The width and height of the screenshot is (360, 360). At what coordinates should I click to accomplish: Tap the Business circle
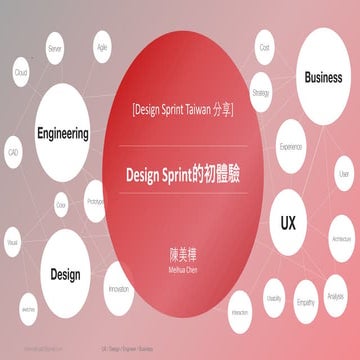click(323, 77)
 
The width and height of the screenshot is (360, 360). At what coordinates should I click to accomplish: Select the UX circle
click(289, 221)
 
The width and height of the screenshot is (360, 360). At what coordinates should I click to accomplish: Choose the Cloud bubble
click(20, 73)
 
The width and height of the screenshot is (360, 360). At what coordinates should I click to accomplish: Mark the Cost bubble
click(265, 47)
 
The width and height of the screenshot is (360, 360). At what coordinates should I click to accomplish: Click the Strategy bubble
click(262, 92)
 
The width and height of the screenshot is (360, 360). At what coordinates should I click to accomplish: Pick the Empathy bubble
click(305, 301)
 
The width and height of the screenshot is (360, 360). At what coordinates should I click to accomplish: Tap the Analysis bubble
click(336, 296)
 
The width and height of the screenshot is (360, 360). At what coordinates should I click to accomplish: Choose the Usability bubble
click(273, 298)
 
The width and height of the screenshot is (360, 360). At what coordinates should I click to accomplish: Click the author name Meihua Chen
click(180, 263)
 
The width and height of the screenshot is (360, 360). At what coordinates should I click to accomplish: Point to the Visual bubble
click(13, 242)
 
